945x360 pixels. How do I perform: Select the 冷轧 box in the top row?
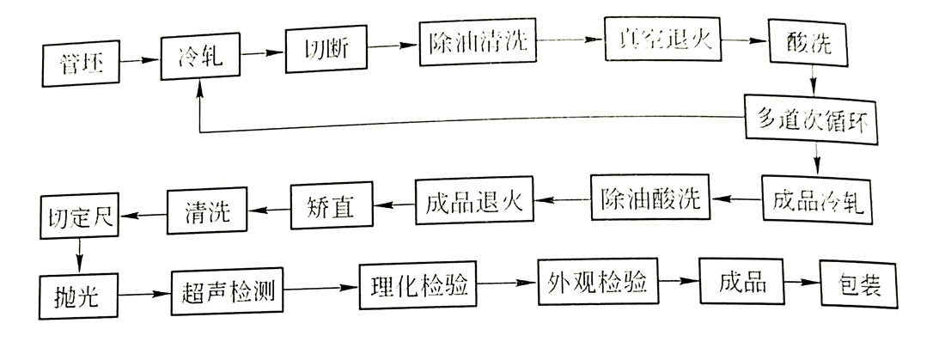click(x=199, y=55)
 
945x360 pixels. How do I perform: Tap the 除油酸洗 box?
click(x=648, y=200)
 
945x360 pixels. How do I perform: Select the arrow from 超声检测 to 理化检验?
click(x=322, y=289)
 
